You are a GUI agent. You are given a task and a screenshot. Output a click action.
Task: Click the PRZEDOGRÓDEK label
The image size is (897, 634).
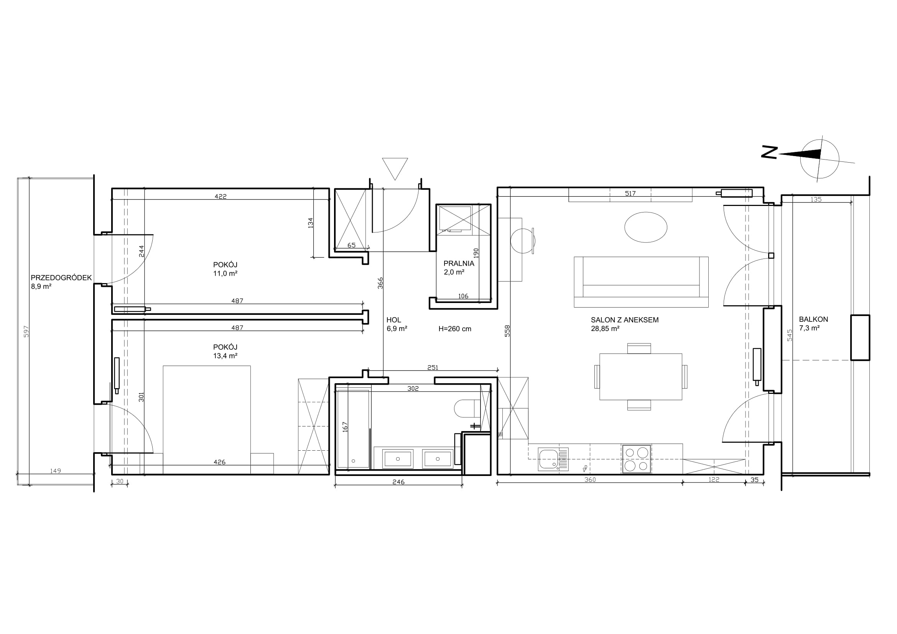coord(61,278)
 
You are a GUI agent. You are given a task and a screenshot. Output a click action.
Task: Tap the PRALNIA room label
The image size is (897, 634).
coord(459,263)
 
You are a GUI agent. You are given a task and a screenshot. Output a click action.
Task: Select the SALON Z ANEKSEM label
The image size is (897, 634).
coord(625,320)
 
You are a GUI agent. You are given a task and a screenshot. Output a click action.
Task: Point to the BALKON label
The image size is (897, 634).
coord(813,319)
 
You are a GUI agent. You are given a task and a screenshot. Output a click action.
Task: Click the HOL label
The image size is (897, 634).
coord(394,320)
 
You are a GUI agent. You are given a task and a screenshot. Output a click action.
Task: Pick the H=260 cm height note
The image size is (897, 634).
coord(455,329)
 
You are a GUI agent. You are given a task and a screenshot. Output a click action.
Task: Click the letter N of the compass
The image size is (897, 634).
coord(769,152)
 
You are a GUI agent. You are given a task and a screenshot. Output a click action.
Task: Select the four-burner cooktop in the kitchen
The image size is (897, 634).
coord(637,459)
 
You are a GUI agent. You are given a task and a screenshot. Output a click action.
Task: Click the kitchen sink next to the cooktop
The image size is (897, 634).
coord(553,459)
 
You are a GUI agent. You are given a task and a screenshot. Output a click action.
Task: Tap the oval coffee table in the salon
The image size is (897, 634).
coord(645,227)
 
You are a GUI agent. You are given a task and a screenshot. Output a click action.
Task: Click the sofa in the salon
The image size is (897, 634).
coord(641,282)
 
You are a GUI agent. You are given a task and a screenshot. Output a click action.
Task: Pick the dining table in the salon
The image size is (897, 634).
coord(641,377)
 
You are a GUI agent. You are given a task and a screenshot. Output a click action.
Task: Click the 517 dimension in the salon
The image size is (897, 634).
coord(630,193)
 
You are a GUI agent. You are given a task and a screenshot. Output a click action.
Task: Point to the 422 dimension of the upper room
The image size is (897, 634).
coord(221,196)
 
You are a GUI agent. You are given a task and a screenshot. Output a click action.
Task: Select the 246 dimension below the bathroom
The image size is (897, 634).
coord(398,482)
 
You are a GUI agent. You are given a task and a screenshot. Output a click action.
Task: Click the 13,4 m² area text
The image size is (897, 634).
coord(225,356)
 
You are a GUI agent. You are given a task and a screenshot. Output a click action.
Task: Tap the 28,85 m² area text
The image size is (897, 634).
coord(605,329)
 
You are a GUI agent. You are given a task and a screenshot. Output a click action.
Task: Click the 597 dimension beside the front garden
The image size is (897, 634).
coord(26,332)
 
